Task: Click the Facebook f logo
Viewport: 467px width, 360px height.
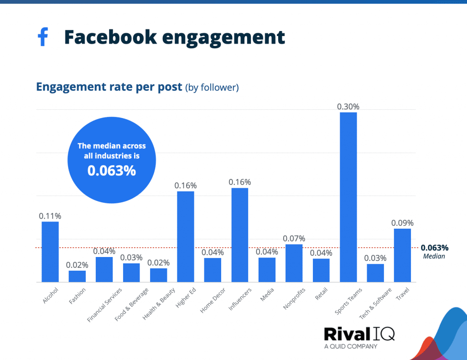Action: click(x=42, y=37)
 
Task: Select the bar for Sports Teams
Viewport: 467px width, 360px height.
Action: click(x=348, y=197)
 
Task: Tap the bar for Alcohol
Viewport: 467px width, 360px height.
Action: click(x=50, y=252)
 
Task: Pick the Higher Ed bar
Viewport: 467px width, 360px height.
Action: click(x=186, y=237)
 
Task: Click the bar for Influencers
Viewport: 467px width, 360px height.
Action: click(x=240, y=235)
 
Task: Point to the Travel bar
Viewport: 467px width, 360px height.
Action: click(x=402, y=255)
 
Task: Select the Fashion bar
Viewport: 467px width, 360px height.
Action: click(x=77, y=276)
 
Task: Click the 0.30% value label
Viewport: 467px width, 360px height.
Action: click(x=348, y=107)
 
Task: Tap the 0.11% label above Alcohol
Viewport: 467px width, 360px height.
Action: click(x=50, y=216)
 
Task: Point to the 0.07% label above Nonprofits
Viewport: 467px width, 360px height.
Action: click(x=294, y=239)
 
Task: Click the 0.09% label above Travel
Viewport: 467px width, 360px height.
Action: click(x=402, y=223)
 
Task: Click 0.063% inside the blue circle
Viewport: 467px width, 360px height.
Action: click(x=112, y=171)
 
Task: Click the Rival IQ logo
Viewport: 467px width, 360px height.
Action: click(x=359, y=334)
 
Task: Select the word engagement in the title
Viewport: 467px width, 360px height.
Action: click(x=223, y=37)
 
